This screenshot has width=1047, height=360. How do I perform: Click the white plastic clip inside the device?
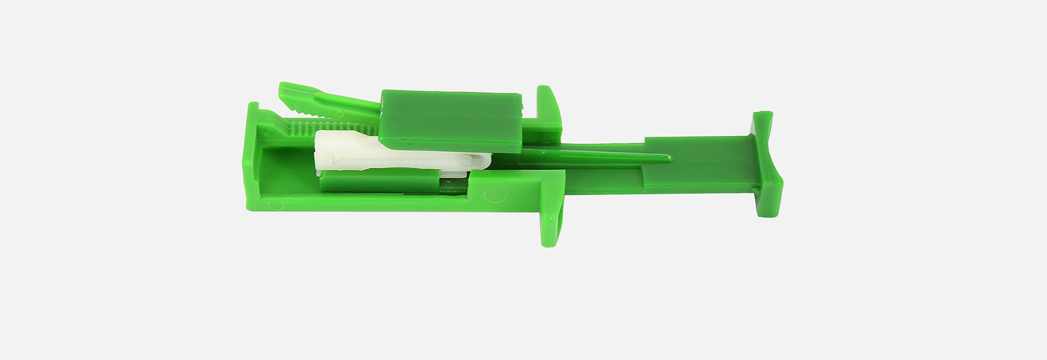coord(393,155)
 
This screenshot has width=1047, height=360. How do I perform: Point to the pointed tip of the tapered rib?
coord(669,159)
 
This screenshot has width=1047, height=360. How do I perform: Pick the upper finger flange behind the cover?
coord(548,106)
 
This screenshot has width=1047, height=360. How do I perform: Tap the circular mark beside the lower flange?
coord(495,194)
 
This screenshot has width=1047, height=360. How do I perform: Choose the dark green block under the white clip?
coord(379,181)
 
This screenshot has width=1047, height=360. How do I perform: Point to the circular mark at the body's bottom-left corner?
coord(276,205)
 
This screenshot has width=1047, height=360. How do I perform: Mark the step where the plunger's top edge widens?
coord(645,140)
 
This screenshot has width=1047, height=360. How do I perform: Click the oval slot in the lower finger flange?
coord(550,221)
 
